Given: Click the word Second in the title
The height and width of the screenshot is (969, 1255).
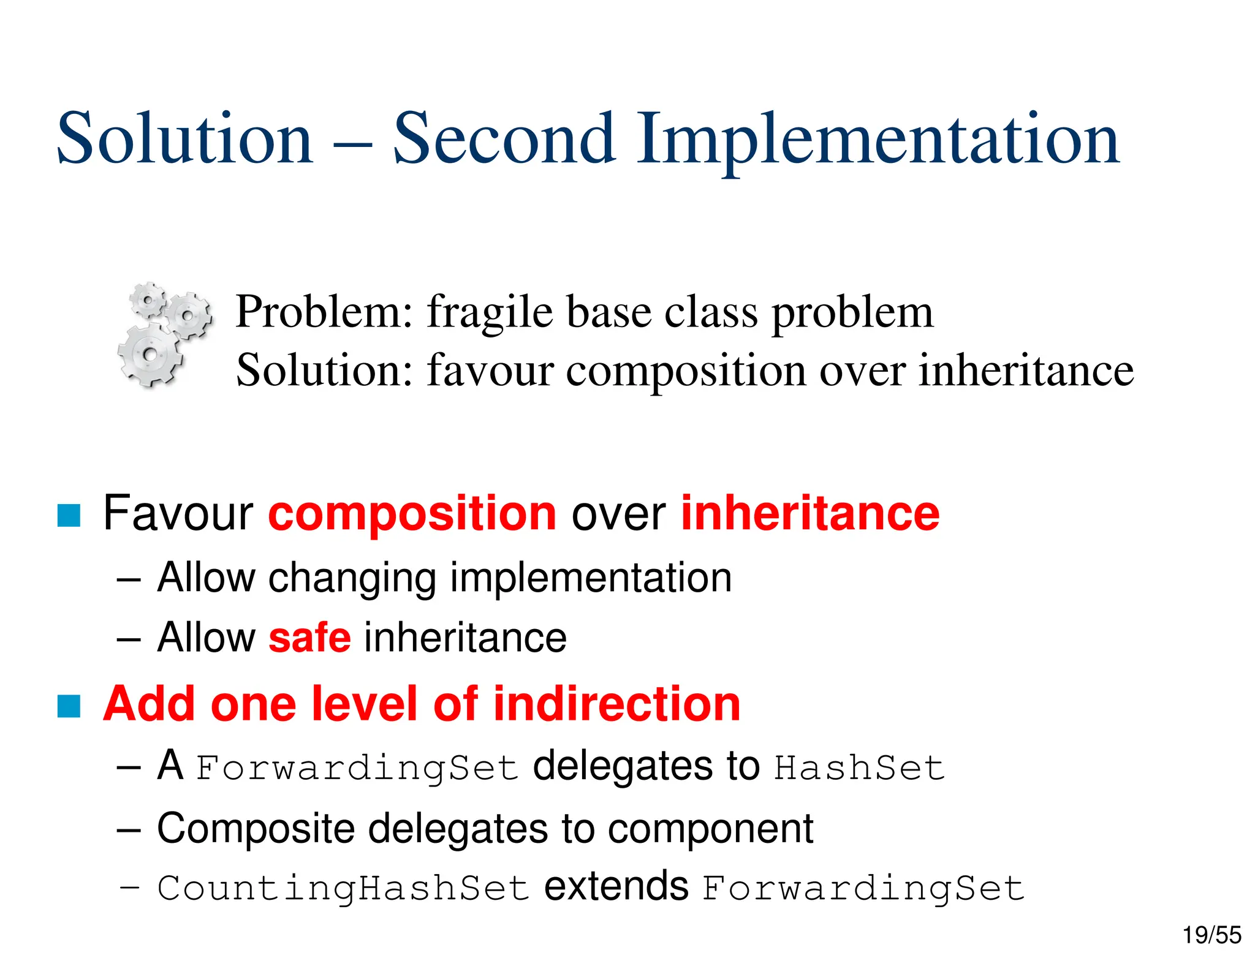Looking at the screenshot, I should click(x=504, y=140).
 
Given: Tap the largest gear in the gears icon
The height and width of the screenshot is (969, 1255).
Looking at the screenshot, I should click(x=149, y=355).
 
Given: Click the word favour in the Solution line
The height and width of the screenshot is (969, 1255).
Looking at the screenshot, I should click(x=490, y=371).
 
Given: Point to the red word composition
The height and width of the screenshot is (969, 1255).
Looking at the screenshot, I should click(x=412, y=514).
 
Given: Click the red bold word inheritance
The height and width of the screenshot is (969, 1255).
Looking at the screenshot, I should click(x=809, y=514).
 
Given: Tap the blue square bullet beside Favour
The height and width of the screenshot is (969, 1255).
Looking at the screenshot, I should click(x=69, y=515).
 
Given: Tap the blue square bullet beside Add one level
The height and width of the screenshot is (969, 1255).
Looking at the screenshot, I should click(x=69, y=706).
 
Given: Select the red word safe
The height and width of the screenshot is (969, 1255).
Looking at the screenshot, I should click(x=309, y=638).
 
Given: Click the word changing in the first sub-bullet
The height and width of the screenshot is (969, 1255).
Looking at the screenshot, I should click(x=352, y=578).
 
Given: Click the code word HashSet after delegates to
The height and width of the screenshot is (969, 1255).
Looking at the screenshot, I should click(x=859, y=768).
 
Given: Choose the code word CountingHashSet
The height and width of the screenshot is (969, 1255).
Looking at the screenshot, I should click(x=343, y=888).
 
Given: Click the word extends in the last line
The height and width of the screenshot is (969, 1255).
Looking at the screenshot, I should click(x=616, y=887).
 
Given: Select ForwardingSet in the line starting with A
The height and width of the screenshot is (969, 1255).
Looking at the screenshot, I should click(x=357, y=768).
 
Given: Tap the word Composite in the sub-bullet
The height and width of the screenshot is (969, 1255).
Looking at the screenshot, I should click(x=256, y=829).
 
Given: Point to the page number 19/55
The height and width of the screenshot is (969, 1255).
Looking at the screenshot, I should click(x=1211, y=935).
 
